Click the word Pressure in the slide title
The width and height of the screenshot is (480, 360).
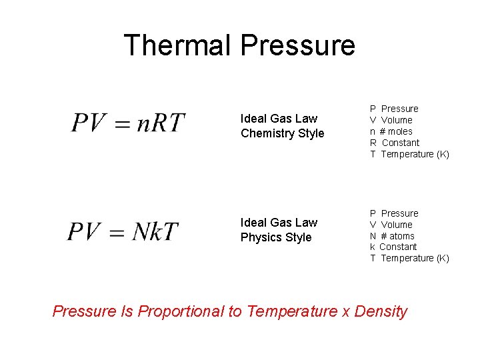pos(297,45)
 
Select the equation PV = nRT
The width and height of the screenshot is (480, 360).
pos(128,123)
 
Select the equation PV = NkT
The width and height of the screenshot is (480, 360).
pos(123,231)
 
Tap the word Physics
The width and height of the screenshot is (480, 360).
pos(259,237)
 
